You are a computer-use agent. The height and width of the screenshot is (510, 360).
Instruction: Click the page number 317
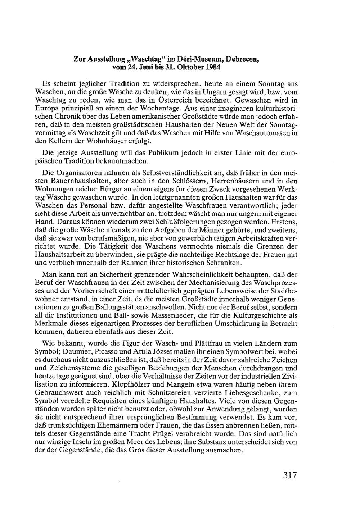[290, 475]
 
